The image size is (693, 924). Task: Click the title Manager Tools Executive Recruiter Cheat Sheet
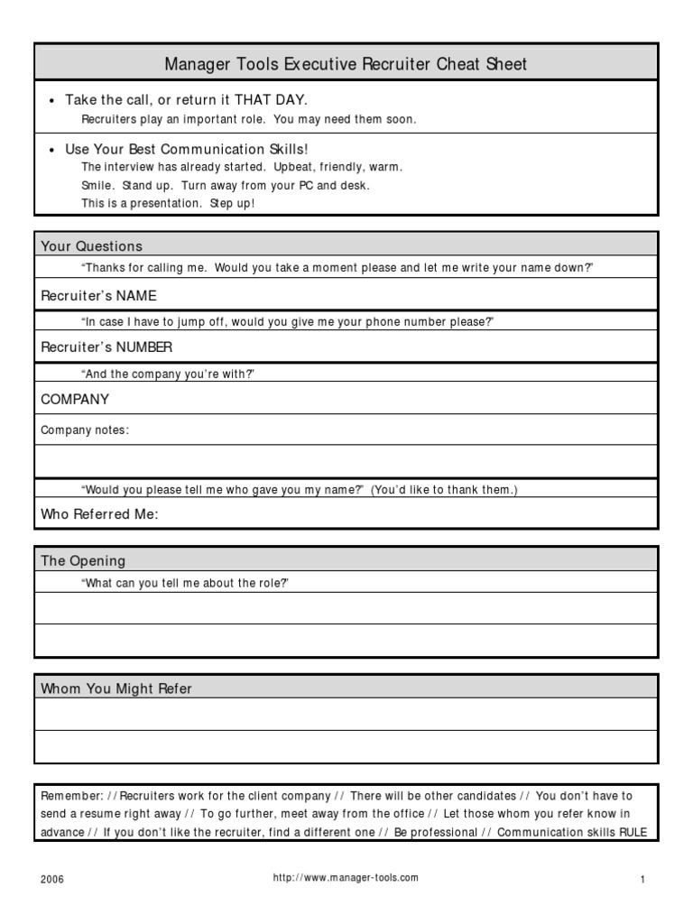pos(346,64)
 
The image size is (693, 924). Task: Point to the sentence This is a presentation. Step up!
pos(168,203)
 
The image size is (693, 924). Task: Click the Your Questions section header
pos(91,245)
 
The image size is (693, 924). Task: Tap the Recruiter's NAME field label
pos(98,295)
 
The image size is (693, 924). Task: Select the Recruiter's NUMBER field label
pos(106,346)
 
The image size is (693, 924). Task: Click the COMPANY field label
pos(75,399)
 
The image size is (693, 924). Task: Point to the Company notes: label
pos(85,430)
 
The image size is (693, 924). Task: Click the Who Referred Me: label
pos(99,514)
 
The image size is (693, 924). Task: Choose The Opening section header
pos(83,560)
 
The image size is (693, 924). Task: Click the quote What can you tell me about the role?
pos(185,583)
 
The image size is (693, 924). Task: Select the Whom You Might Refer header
pos(116,688)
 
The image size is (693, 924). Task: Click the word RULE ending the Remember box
pos(633,832)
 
